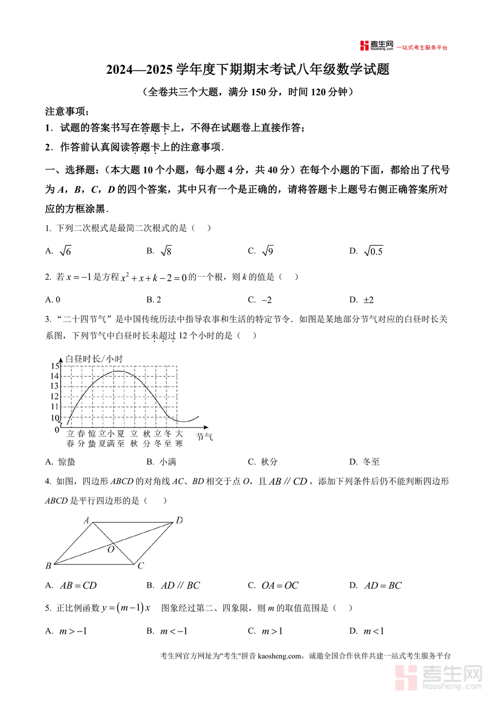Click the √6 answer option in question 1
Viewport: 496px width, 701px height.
tap(65, 251)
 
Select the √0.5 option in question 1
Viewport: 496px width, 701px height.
tap(373, 251)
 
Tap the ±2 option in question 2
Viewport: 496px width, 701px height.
tap(369, 300)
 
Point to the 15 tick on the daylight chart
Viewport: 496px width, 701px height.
tap(55, 366)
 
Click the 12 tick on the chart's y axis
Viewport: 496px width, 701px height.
tap(55, 397)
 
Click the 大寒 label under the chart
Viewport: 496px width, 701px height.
tap(179, 438)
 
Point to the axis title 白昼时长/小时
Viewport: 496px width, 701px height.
tap(94, 359)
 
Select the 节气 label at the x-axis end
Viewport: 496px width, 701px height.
tap(204, 437)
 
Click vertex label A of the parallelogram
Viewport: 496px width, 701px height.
tap(87, 520)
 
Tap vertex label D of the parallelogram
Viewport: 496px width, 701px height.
tap(179, 520)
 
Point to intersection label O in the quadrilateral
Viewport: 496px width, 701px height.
tap(111, 549)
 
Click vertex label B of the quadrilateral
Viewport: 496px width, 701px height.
tap(48, 566)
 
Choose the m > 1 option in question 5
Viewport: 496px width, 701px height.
tap(272, 631)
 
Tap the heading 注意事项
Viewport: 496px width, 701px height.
tap(67, 111)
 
